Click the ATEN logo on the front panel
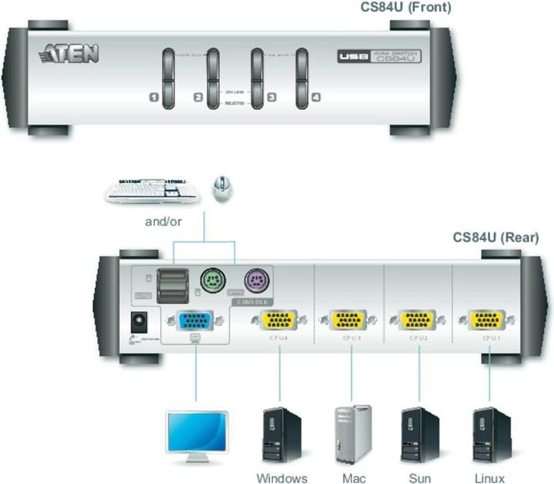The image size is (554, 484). coord(68,53)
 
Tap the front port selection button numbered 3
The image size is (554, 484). coord(257,76)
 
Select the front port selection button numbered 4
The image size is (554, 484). coord(302,76)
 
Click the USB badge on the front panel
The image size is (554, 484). coord(350,56)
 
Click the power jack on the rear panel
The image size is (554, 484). coord(139,322)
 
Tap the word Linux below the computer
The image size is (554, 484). coord(489,478)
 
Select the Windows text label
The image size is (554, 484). coord(282,478)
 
